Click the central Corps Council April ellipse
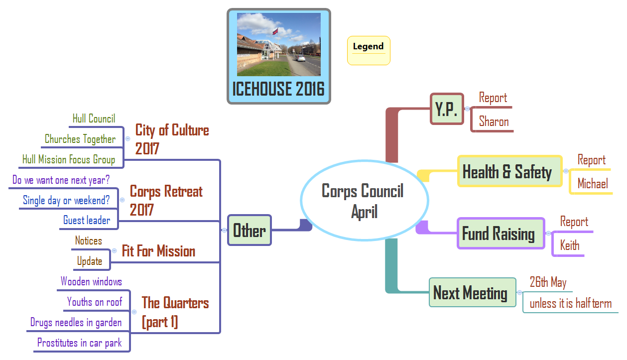[364, 200]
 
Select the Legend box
[369, 50]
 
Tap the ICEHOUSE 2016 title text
[278, 90]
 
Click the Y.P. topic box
[446, 109]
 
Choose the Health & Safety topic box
[509, 172]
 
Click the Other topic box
[250, 231]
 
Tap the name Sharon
[494, 121]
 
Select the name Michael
[593, 184]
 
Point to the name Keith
[570, 245]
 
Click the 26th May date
[548, 283]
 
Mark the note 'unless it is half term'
[570, 303]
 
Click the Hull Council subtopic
[94, 119]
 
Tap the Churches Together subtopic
[80, 139]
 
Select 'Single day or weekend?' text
[66, 200]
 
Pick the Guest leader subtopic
[87, 220]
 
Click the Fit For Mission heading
[158, 251]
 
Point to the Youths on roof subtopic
[95, 302]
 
